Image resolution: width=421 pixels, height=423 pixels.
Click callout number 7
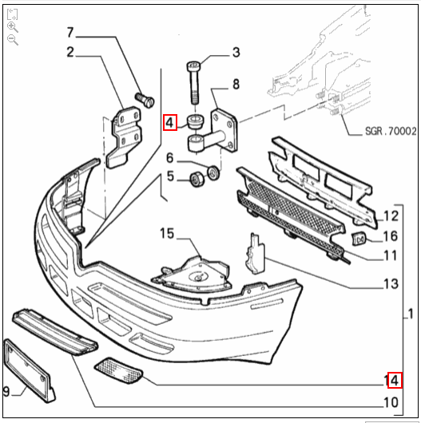70,33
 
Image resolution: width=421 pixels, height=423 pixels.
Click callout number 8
236,83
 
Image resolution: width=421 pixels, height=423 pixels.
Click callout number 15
165,235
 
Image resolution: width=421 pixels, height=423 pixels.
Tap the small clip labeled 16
360,237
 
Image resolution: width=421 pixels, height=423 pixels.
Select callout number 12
390,215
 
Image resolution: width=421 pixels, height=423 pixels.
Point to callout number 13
390,283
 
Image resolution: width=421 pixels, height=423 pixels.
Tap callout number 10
390,401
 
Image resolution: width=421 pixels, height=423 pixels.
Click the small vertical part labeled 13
255,255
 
